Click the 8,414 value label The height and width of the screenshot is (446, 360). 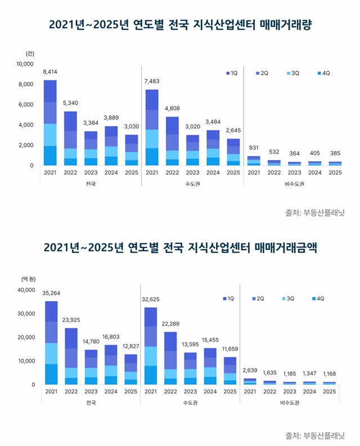click(x=50, y=72)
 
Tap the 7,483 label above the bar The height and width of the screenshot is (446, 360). click(x=152, y=82)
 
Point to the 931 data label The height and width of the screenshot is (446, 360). click(x=254, y=148)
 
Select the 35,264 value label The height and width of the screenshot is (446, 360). click(x=51, y=292)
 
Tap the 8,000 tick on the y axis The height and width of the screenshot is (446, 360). click(x=26, y=84)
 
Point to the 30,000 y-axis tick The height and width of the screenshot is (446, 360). click(x=26, y=314)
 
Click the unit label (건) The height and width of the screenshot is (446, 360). click(x=30, y=53)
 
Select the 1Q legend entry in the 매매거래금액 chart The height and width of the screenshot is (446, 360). click(x=228, y=299)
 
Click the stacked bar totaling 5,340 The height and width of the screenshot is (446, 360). click(x=70, y=138)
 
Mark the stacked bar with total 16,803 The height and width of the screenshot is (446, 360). click(x=111, y=364)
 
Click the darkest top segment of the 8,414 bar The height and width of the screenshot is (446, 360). click(x=50, y=91)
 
